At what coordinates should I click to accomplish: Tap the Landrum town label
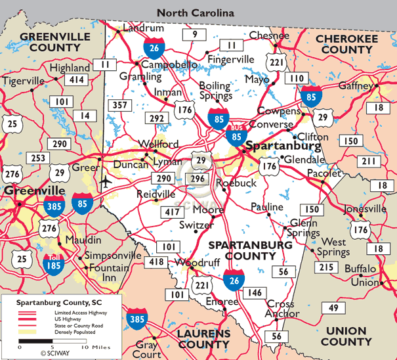[x=143, y=29]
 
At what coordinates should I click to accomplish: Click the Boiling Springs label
[x=215, y=91]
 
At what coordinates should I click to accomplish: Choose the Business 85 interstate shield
[x=235, y=137]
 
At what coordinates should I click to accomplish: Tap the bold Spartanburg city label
[x=283, y=146]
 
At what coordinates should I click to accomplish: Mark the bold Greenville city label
[x=35, y=191]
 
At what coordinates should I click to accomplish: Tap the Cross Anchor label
[x=280, y=308]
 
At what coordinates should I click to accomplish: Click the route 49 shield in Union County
[x=334, y=308]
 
